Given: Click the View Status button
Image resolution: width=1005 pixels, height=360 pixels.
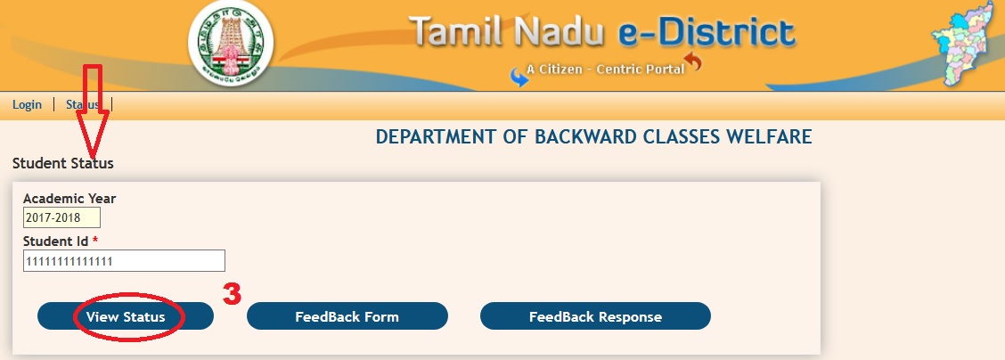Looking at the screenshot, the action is [x=126, y=316].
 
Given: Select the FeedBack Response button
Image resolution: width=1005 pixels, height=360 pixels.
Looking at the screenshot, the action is [x=595, y=316].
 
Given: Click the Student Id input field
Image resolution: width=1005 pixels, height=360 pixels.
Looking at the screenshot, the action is [x=125, y=261].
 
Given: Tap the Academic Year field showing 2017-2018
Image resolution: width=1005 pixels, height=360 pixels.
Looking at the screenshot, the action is [x=61, y=217].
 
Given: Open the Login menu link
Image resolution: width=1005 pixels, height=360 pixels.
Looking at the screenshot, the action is [x=27, y=104].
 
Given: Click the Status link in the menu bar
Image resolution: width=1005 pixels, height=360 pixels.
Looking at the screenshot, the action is [x=83, y=104].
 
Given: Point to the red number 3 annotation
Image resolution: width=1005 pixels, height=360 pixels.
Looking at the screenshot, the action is [x=232, y=294].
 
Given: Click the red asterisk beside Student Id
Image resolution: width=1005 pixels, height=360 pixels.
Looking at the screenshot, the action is [x=95, y=240].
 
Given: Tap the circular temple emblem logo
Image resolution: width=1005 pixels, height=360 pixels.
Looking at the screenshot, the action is [x=231, y=44].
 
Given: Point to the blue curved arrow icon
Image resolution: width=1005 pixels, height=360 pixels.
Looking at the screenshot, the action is [x=519, y=77].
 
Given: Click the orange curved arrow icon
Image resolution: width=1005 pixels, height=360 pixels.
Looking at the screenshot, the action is [x=693, y=62].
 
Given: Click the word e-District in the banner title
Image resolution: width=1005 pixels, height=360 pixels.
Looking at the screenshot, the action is [x=707, y=33].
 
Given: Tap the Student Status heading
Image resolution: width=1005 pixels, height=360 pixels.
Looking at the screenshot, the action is [x=62, y=163].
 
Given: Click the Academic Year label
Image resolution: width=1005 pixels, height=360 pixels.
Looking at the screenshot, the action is [x=69, y=199].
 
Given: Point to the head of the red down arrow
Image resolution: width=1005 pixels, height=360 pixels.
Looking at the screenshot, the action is [x=93, y=156].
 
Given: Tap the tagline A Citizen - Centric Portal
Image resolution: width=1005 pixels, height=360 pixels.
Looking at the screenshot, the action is [x=606, y=70].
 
